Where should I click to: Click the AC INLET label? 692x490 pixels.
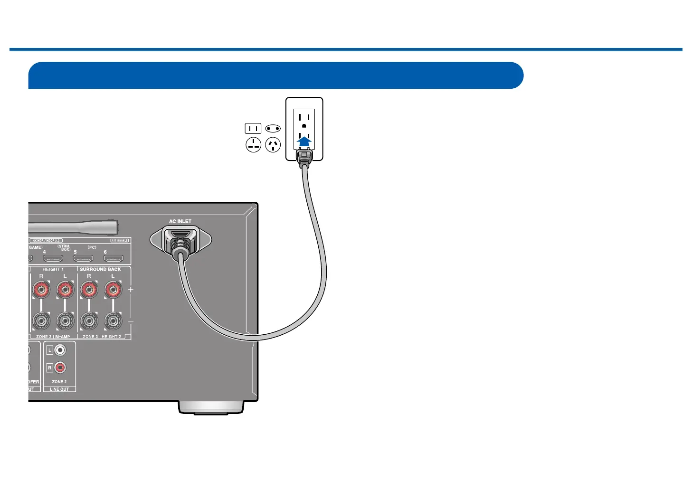pyautogui.click(x=180, y=221)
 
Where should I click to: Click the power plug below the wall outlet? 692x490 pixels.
pyautogui.click(x=304, y=157)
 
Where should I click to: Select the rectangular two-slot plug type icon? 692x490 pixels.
pyautogui.click(x=253, y=128)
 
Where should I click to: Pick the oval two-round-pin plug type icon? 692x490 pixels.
pyautogui.click(x=273, y=128)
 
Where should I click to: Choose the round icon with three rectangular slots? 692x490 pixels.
pyautogui.click(x=254, y=145)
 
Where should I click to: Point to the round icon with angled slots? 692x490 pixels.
pyautogui.click(x=273, y=145)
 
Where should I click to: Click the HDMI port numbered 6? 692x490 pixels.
pyautogui.click(x=114, y=259)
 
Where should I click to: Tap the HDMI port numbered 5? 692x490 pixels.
pyautogui.click(x=83, y=259)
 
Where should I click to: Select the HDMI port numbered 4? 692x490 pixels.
pyautogui.click(x=53, y=259)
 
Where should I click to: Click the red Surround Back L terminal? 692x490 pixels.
pyautogui.click(x=113, y=289)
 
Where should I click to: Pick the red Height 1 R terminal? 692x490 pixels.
pyautogui.click(x=41, y=289)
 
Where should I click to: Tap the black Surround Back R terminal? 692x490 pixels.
pyautogui.click(x=89, y=321)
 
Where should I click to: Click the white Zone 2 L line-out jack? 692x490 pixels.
pyautogui.click(x=60, y=351)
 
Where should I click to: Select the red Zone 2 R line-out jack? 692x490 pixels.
pyautogui.click(x=60, y=367)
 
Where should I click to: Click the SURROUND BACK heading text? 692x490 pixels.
pyautogui.click(x=100, y=269)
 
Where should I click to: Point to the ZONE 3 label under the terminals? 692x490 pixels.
pyautogui.click(x=91, y=337)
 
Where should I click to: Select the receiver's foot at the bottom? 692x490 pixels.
pyautogui.click(x=211, y=407)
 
